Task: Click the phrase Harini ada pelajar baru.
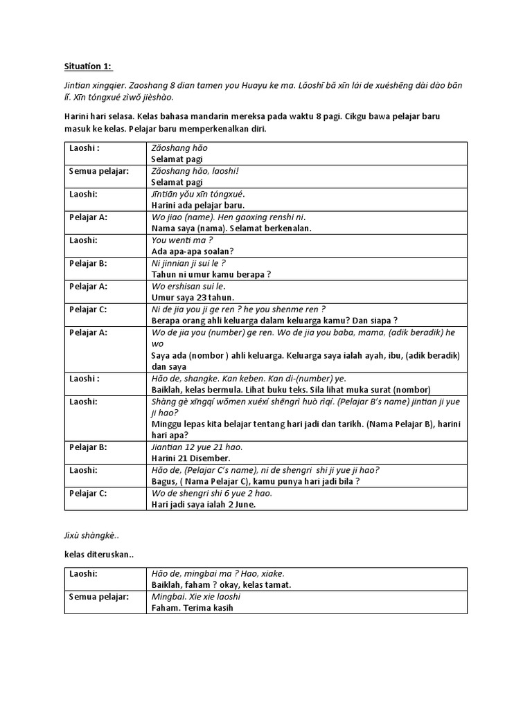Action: [197, 205]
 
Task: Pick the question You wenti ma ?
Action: [177, 240]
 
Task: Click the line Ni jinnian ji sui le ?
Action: [188, 263]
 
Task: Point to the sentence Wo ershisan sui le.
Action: [188, 286]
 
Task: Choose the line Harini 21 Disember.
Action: [190, 458]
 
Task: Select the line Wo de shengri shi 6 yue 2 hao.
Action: [211, 493]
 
